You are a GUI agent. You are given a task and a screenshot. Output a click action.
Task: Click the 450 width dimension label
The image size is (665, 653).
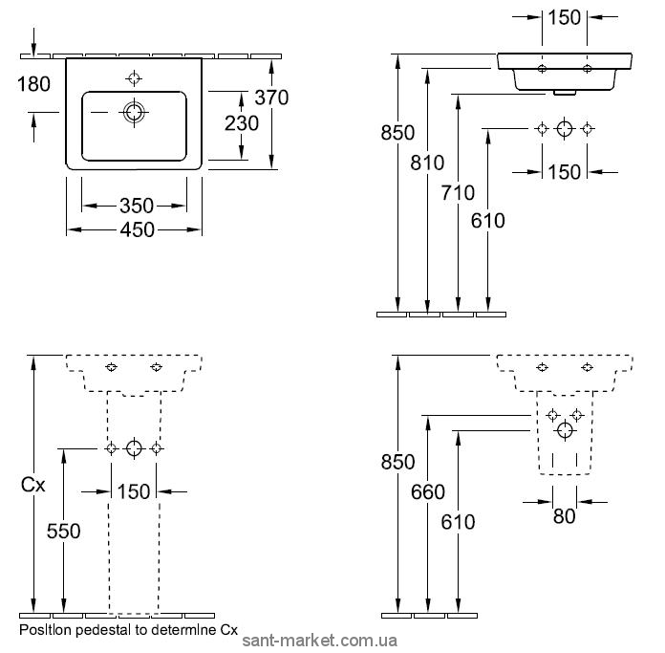click(x=137, y=230)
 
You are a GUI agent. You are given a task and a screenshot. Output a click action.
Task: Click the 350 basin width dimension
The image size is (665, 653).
click(x=137, y=206)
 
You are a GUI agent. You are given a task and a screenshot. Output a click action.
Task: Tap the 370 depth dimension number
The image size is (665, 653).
click(x=271, y=98)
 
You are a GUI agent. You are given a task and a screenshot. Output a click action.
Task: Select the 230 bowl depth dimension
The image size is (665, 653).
click(x=242, y=123)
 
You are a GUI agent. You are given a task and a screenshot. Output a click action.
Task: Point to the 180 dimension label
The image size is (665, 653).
click(x=33, y=84)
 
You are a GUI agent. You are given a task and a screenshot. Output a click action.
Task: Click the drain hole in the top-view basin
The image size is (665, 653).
click(x=134, y=113)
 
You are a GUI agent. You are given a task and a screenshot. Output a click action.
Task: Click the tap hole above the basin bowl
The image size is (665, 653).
click(x=134, y=78)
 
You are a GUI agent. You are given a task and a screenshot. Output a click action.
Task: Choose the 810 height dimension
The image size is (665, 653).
click(x=427, y=163)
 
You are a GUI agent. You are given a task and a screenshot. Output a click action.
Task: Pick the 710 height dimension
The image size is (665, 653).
click(x=458, y=192)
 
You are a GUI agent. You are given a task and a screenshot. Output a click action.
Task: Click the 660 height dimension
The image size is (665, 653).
click(x=427, y=492)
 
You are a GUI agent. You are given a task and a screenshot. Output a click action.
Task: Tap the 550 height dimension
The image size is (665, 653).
click(x=64, y=532)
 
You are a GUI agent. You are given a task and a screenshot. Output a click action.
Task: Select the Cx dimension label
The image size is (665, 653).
click(x=33, y=485)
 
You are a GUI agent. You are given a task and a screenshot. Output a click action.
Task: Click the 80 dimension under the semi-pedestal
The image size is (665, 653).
click(x=564, y=516)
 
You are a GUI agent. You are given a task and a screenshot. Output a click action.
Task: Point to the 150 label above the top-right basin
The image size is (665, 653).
click(x=564, y=18)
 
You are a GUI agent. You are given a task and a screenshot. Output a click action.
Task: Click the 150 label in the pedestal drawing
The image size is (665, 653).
click(x=134, y=491)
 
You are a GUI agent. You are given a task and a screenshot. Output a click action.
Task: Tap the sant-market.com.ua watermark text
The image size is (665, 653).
click(x=319, y=641)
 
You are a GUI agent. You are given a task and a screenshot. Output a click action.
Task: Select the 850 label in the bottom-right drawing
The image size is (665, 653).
click(x=397, y=462)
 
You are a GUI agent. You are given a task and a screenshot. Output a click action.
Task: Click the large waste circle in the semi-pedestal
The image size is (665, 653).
click(x=565, y=430)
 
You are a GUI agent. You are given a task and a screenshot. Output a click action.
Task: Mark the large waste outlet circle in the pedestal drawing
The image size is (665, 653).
click(x=134, y=448)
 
